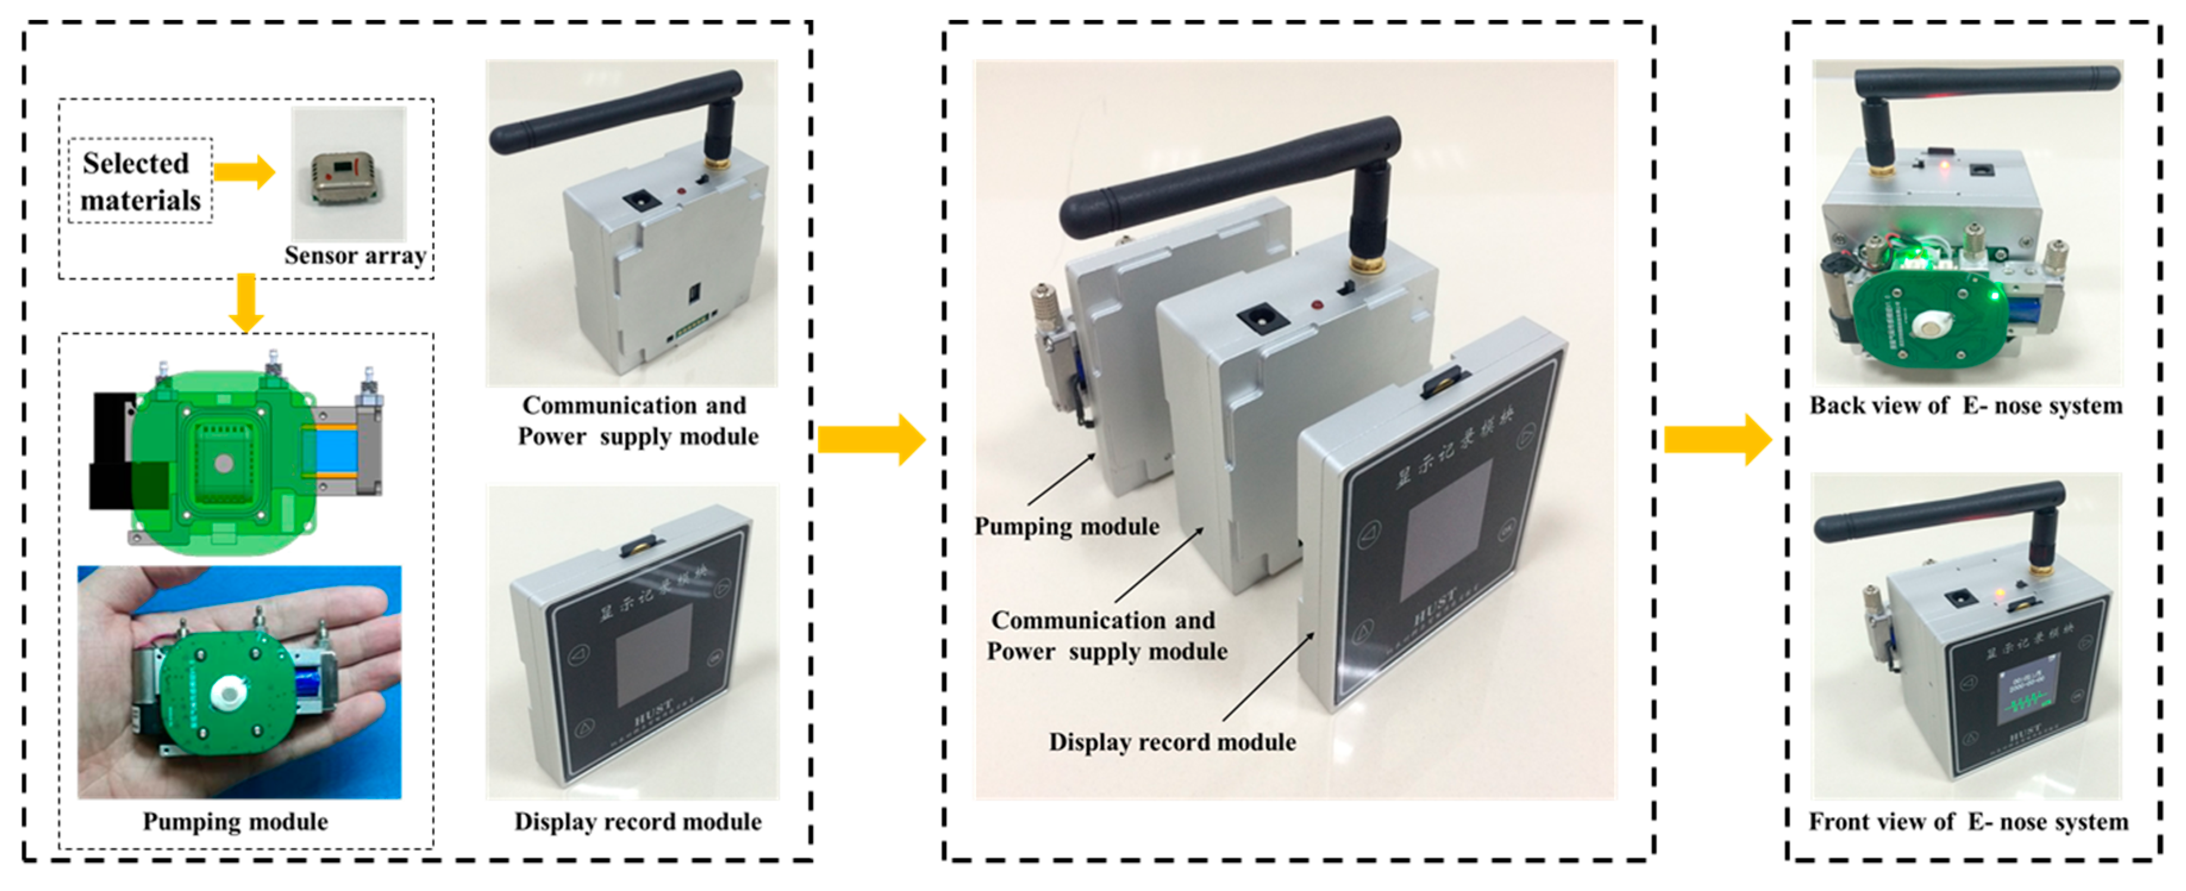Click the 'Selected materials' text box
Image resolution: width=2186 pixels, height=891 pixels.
pos(140,181)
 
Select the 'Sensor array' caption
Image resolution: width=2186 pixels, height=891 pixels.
pos(355,255)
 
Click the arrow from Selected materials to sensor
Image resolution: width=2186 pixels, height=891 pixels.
pos(245,172)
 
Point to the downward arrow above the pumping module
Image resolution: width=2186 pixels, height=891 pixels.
pos(246,302)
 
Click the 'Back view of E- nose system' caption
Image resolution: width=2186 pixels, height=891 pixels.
pos(1965,406)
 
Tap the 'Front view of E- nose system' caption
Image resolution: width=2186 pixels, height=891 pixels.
pos(1968,821)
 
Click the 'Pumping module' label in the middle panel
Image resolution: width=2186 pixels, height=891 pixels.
pos(1066,526)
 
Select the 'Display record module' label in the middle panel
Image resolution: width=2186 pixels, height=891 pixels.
pos(1172,742)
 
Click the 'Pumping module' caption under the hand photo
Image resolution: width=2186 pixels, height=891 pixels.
pos(235,821)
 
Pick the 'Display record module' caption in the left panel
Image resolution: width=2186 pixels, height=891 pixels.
pos(637,821)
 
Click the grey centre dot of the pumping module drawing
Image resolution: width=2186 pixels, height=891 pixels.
pos(223,463)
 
